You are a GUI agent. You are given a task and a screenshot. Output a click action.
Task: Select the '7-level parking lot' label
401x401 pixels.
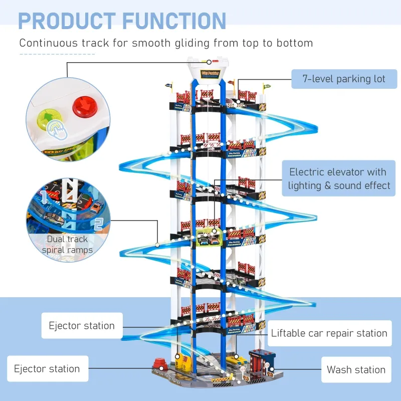(x=343, y=79)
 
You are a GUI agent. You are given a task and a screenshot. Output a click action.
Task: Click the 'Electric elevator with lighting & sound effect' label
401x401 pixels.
(x=338, y=179)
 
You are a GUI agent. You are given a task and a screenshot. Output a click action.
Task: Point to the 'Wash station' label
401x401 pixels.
(x=356, y=369)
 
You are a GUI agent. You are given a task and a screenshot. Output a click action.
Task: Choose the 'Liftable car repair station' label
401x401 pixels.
(x=329, y=333)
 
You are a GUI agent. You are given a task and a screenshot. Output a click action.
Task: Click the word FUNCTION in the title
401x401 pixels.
(x=169, y=21)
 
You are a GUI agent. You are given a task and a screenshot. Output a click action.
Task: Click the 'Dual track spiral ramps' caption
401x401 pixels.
(x=67, y=245)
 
